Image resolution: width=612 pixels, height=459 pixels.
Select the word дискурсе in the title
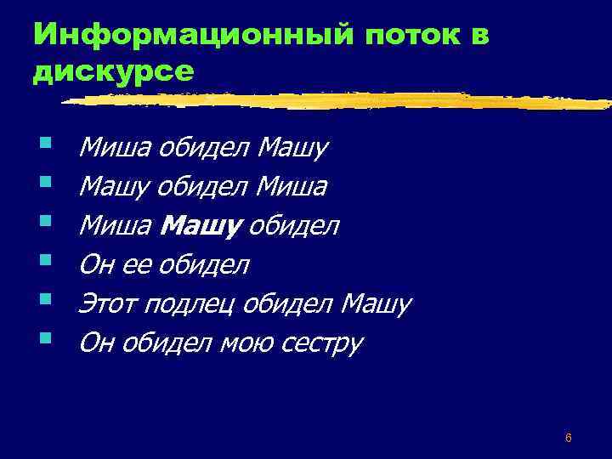click(113, 71)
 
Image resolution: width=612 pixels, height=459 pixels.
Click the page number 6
click(568, 438)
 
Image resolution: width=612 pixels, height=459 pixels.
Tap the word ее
click(132, 266)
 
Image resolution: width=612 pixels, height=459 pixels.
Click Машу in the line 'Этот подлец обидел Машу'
click(375, 303)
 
